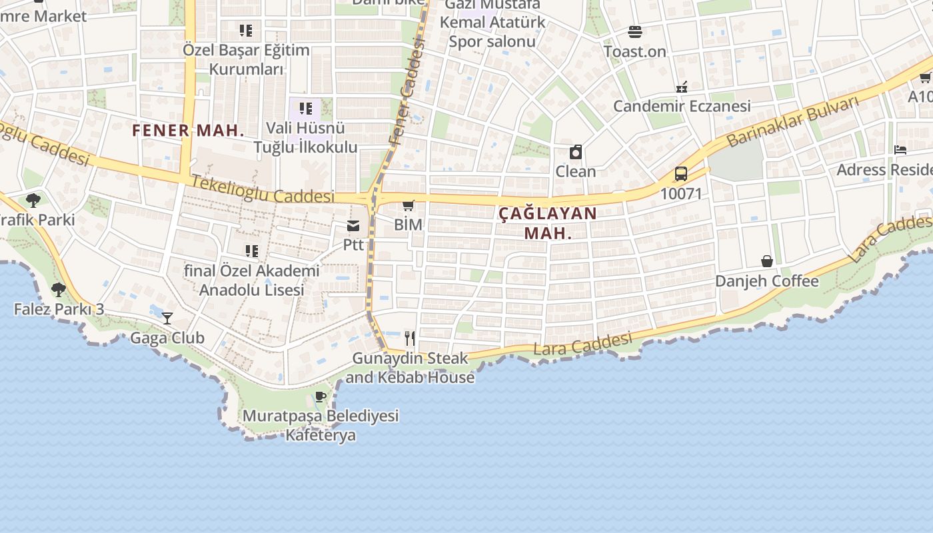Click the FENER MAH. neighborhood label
(189, 130)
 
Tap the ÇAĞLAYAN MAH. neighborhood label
(548, 223)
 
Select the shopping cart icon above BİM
(409, 206)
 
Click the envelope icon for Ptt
(353, 227)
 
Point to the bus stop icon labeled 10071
(680, 174)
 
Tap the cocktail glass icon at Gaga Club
(167, 318)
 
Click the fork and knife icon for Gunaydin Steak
(410, 338)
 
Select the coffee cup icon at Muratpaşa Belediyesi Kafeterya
(321, 397)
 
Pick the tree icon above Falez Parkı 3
(59, 290)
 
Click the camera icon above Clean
(576, 153)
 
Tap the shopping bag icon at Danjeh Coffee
(767, 261)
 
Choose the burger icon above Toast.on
(634, 32)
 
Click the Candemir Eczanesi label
(682, 106)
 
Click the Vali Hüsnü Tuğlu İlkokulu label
(306, 137)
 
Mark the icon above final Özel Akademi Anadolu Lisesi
(252, 251)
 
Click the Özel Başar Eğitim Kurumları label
(247, 59)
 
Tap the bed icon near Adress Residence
(900, 150)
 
